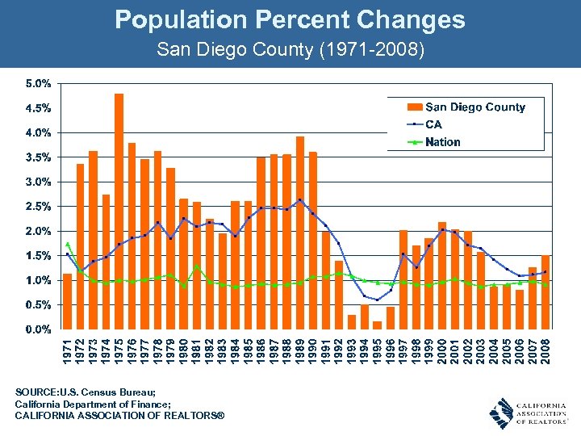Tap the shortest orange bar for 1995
[377, 325]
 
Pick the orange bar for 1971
[68, 301]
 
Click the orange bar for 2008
[545, 291]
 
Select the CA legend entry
[433, 124]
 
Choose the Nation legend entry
[442, 142]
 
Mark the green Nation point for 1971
[68, 243]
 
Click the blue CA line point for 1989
[300, 199]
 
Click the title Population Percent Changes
[290, 19]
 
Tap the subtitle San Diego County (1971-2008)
[290, 49]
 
